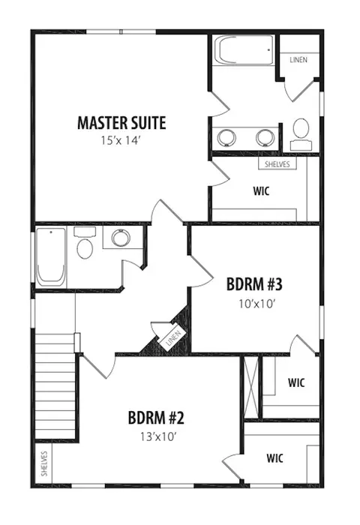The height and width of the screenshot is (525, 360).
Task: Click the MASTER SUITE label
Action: tap(121, 123)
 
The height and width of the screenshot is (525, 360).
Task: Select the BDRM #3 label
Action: tap(254, 284)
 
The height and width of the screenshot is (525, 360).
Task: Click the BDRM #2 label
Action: tap(157, 418)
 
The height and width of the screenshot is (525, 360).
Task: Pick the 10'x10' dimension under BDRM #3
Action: tap(256, 304)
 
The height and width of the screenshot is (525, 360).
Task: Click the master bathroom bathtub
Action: tap(244, 50)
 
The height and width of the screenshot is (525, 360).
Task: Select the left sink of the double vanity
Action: tap(226, 138)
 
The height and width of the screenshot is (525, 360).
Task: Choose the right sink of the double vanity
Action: tap(265, 138)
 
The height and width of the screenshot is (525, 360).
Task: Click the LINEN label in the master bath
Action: tap(298, 60)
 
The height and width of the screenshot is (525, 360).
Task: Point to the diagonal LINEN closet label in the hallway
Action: tap(173, 338)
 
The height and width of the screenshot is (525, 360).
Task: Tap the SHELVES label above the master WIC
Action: tap(277, 164)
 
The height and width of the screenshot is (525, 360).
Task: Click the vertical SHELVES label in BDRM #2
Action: tap(44, 463)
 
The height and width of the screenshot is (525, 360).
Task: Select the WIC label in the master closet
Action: tap(261, 191)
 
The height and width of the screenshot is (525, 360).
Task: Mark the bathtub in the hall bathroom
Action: tap(50, 257)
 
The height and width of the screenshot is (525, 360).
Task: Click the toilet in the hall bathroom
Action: tap(85, 243)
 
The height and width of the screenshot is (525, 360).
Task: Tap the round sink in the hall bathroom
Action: tap(121, 238)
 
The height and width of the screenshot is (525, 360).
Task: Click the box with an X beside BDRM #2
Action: tap(251, 387)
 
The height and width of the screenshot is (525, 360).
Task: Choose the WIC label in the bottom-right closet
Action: tap(274, 457)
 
